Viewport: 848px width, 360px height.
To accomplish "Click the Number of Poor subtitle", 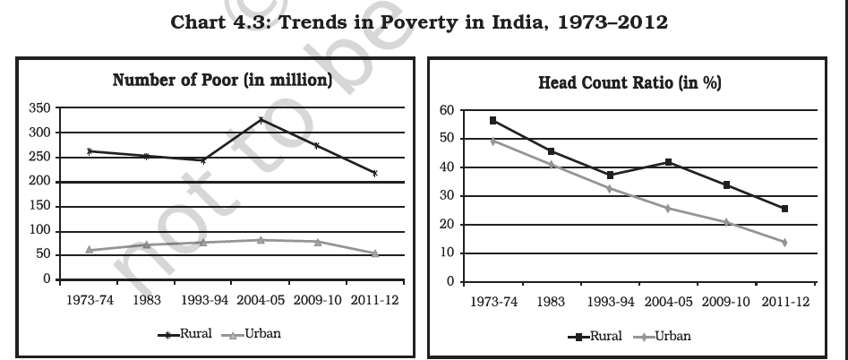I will pyautogui.click(x=223, y=81).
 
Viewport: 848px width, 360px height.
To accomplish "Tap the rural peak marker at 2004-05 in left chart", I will pyautogui.click(x=261, y=119).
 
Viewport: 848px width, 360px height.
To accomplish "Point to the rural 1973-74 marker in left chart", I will pyautogui.click(x=90, y=151).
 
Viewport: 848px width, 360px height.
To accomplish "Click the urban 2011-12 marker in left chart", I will pyautogui.click(x=374, y=253).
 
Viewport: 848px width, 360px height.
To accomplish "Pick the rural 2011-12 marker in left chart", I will pyautogui.click(x=374, y=173).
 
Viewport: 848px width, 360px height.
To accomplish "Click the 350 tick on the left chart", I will pyautogui.click(x=39, y=107).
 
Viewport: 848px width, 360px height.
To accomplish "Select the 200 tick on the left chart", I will pyautogui.click(x=39, y=182).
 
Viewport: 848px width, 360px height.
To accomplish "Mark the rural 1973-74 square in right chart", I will pyautogui.click(x=493, y=120).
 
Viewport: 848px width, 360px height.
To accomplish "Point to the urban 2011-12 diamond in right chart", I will pyautogui.click(x=784, y=242).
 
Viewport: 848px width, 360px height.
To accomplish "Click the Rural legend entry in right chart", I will pyautogui.click(x=592, y=337).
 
